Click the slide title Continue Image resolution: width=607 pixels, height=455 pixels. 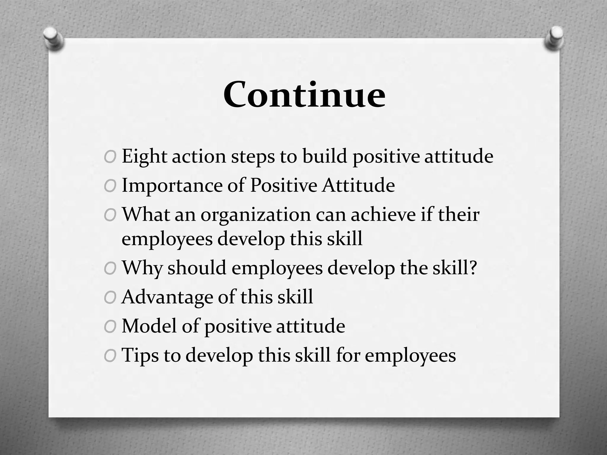(304, 94)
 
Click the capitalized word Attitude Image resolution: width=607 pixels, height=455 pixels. (359, 185)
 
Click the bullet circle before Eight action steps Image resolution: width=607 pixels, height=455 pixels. (110, 157)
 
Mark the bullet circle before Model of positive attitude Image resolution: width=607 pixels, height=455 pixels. (110, 327)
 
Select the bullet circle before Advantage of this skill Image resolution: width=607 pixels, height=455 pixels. (110, 298)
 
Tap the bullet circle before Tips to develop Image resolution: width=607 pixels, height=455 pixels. (110, 356)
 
